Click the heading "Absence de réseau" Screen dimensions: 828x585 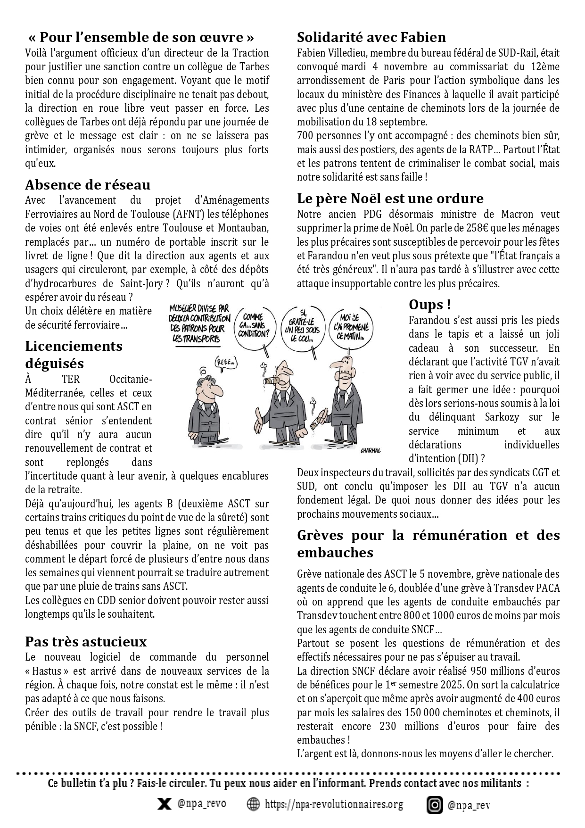pos(88,184)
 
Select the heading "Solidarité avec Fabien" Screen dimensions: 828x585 pos(371,37)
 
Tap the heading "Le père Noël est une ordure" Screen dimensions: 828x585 pos(390,198)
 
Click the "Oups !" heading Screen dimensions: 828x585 pos(429,305)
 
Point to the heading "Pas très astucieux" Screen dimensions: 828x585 pos(86,642)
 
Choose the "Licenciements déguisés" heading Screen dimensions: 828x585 pos(74,355)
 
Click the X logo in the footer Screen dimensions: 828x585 pos(164,804)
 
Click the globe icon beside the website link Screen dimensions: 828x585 pos(254,804)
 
